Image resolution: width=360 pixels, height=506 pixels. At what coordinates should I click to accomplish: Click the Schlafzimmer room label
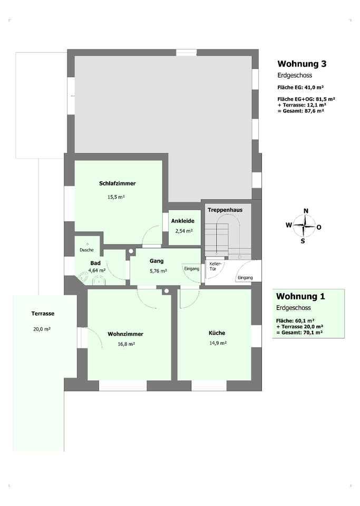point(117,183)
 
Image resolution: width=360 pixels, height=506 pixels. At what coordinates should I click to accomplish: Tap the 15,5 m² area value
point(116,197)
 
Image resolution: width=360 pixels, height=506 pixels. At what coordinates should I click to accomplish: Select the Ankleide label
point(182,221)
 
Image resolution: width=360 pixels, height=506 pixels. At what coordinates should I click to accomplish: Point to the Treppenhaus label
point(225,210)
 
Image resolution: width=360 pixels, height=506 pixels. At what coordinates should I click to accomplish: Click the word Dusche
point(86,250)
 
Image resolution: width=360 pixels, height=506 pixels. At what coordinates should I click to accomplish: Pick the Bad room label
point(95,263)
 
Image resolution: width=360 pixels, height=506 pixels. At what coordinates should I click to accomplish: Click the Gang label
point(157,261)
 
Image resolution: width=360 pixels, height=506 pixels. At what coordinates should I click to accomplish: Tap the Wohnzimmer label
point(125,334)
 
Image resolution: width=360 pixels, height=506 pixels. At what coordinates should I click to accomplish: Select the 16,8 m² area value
point(126,344)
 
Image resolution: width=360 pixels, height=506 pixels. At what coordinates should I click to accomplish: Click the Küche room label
point(217,333)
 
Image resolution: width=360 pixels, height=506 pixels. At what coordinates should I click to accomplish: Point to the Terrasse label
point(43,313)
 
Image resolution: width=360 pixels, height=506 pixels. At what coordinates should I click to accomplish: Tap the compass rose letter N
point(306,211)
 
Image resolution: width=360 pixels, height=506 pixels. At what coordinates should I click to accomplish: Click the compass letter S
point(303,241)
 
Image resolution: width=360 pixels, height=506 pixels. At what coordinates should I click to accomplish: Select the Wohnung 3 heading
point(302,64)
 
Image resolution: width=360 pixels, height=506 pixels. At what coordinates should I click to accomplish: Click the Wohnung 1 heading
point(300,296)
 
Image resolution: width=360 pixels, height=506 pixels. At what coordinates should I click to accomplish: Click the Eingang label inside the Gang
point(192,268)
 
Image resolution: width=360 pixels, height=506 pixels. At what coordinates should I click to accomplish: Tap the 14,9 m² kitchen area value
point(218,343)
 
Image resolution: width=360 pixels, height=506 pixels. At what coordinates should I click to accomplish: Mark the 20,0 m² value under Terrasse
point(42,329)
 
